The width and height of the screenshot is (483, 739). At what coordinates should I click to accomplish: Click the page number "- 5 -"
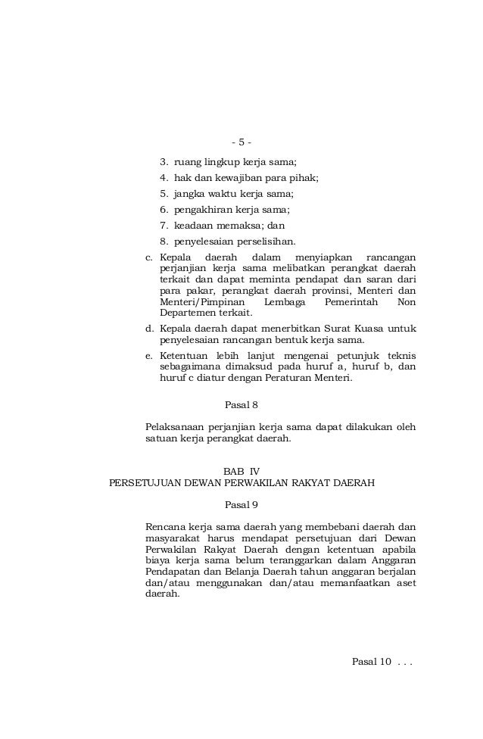241,142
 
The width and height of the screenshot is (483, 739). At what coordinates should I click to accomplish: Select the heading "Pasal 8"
241,404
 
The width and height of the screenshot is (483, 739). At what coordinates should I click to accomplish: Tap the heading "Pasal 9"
241,504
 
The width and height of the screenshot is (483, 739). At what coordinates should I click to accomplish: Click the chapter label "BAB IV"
241,470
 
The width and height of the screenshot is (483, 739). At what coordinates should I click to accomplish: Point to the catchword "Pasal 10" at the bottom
372,661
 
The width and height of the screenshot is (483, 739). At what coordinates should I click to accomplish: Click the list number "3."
164,161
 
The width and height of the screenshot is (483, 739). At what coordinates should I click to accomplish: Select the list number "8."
164,242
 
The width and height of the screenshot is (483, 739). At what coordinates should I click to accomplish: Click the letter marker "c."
149,258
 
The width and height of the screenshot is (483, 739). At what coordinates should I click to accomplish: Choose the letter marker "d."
149,329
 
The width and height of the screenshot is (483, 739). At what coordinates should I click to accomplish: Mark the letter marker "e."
149,355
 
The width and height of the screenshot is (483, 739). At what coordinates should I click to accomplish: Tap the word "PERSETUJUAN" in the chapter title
143,482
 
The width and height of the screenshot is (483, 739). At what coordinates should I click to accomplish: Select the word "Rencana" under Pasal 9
164,526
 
